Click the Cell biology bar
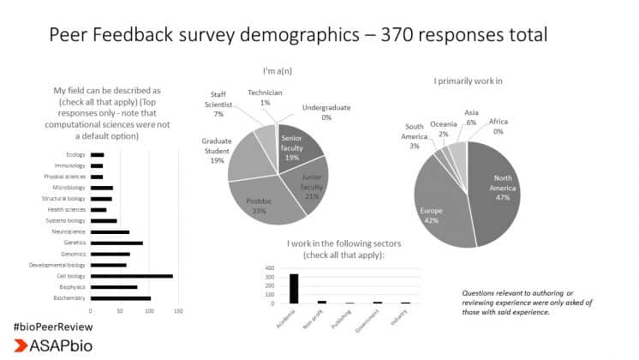tap(132, 276)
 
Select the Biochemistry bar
tap(121, 298)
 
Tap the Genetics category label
tap(73, 243)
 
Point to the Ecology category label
tap(75, 154)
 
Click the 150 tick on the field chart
tap(179, 310)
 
